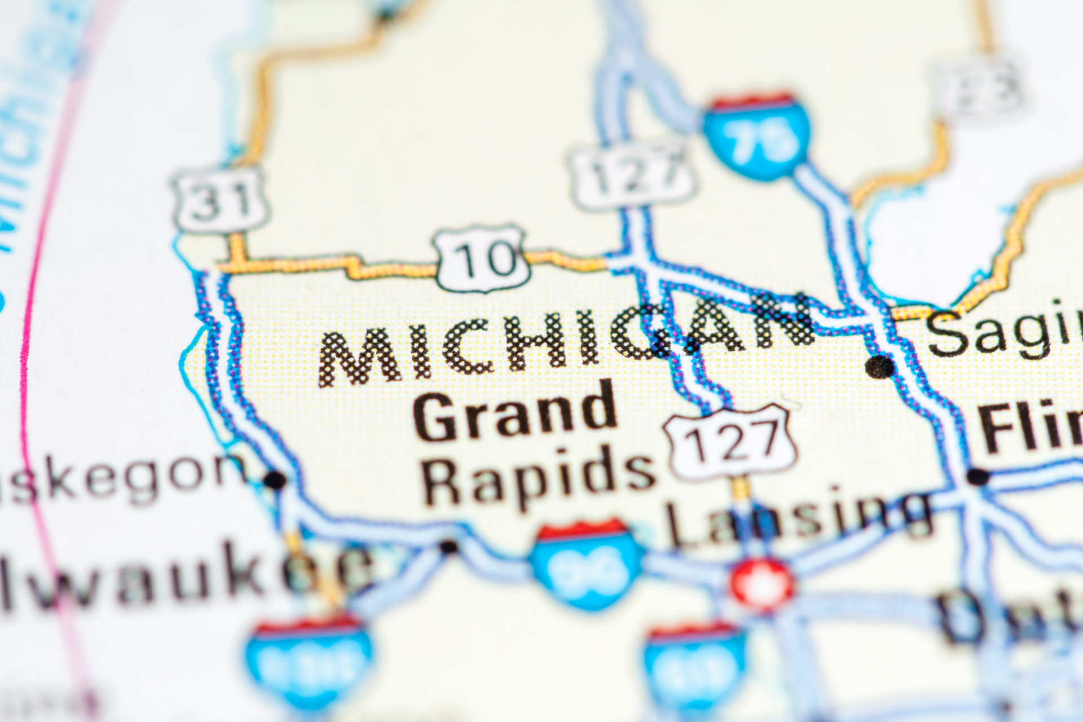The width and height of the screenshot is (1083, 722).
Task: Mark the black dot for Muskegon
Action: (x=275, y=480)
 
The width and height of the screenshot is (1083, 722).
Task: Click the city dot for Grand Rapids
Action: (x=448, y=546)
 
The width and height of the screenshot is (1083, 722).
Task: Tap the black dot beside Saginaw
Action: (x=879, y=367)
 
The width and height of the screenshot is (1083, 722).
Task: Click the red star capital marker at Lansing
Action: (x=763, y=585)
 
